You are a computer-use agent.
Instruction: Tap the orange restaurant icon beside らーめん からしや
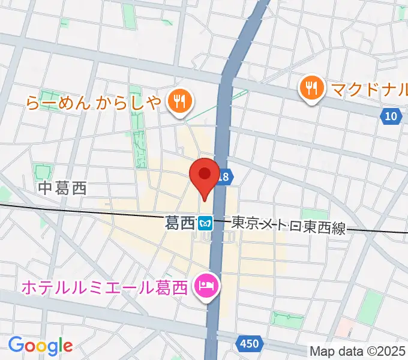click(x=179, y=101)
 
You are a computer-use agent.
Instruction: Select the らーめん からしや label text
click(x=94, y=103)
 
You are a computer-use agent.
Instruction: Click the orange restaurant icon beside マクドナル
click(x=311, y=89)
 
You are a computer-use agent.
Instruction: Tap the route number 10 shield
click(x=391, y=116)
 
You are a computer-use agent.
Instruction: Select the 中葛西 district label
click(x=62, y=188)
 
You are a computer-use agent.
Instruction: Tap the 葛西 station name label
click(x=179, y=223)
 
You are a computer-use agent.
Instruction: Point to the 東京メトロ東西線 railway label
click(x=289, y=224)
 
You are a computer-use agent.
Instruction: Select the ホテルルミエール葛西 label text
click(x=106, y=287)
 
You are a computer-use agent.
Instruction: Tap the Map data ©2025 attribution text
click(x=358, y=350)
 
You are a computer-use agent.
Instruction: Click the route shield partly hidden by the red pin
click(x=224, y=176)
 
